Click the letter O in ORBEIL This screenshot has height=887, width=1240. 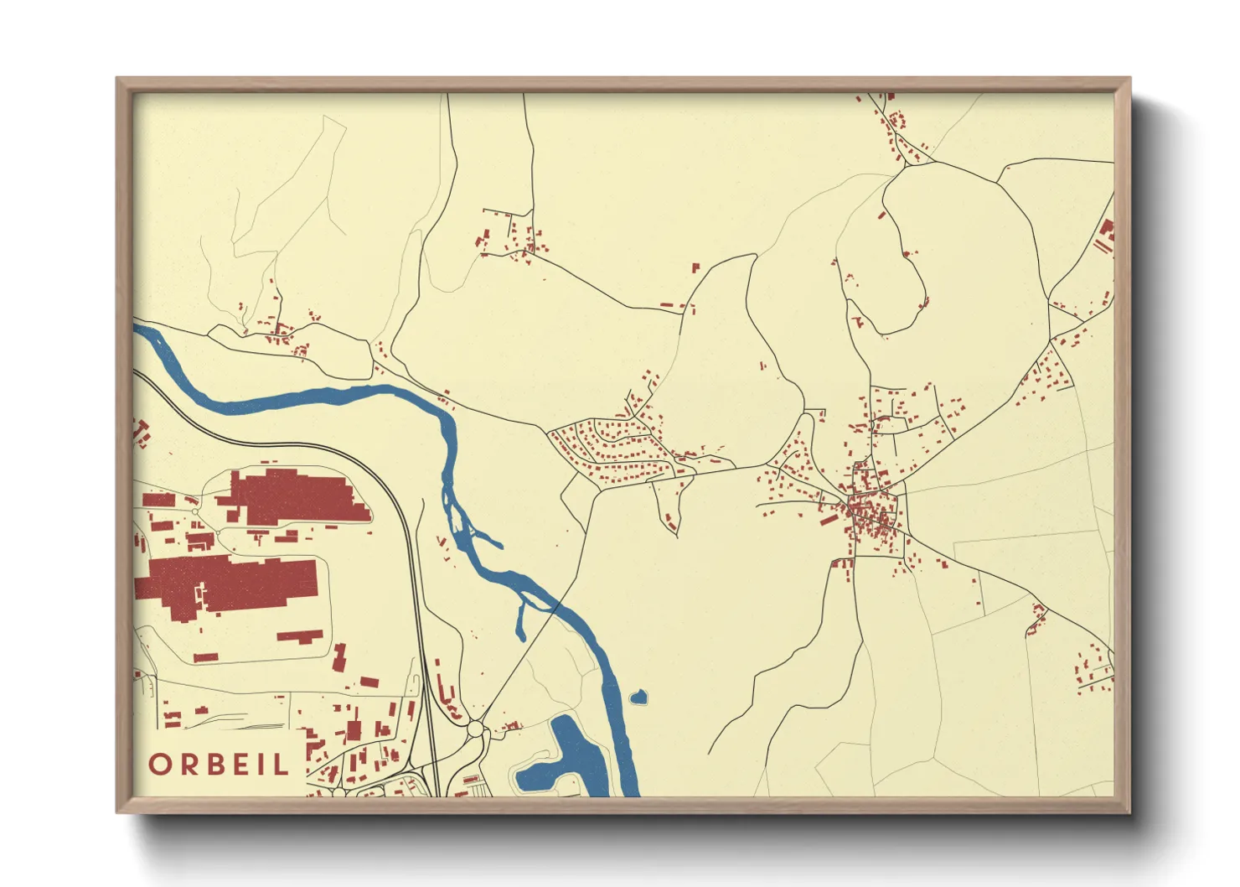point(161,765)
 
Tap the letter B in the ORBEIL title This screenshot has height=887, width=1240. point(217,765)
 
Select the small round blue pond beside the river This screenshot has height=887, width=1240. point(638,696)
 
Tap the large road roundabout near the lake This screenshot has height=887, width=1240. point(476,729)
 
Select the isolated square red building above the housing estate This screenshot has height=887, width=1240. point(695,268)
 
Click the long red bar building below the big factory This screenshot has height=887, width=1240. point(300,636)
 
